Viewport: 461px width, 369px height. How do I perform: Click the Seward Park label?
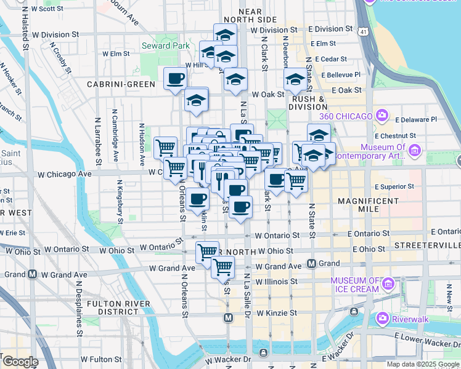(157, 46)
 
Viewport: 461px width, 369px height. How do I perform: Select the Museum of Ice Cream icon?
(388, 284)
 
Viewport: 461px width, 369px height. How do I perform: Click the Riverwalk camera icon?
(383, 318)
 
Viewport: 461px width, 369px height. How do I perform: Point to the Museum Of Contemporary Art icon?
(414, 150)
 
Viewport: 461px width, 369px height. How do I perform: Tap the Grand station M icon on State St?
(312, 263)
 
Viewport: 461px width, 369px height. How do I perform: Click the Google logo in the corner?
(20, 361)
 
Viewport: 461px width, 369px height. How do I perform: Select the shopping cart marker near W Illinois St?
(222, 268)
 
